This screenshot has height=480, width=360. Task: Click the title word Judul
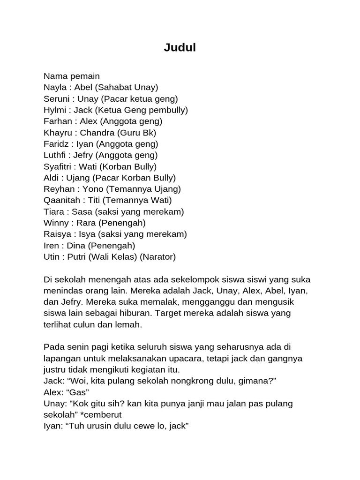pos(180,47)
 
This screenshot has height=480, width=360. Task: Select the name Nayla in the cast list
pos(55,87)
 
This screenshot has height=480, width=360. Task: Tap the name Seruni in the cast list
pos(57,98)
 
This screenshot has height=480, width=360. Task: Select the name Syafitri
pos(58,166)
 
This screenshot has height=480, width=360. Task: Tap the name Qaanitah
pos(60,200)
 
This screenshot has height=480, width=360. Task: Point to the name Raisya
pos(57,234)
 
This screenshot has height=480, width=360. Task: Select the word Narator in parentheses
pos(160,256)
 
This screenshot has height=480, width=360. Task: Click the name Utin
pos(51,256)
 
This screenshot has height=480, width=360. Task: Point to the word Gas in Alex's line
pos(82,392)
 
